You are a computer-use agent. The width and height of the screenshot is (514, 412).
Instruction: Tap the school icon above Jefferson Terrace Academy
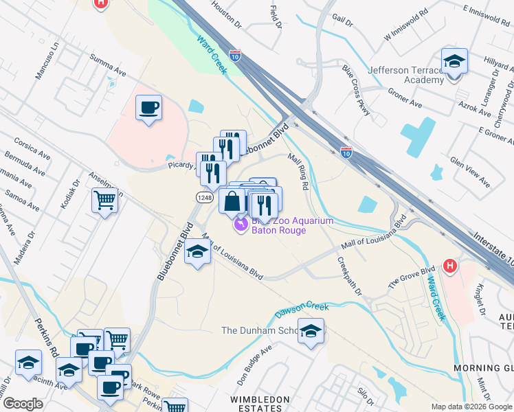[x=454, y=62]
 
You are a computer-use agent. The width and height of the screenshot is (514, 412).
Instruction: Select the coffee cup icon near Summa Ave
[x=148, y=108]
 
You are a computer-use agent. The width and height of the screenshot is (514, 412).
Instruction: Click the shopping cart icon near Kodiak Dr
[x=104, y=201]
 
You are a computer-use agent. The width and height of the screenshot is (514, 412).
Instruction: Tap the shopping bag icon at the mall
[x=232, y=202]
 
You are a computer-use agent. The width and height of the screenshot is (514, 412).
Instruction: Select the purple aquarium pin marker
[x=241, y=225]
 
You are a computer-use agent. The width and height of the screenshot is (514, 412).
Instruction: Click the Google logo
[x=23, y=404]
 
